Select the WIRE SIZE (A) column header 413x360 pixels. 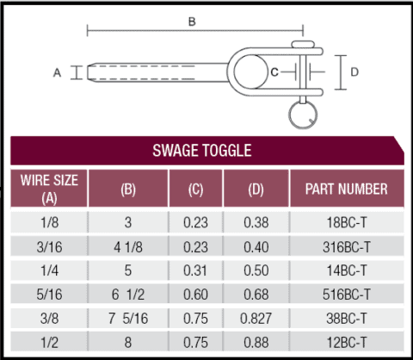[49, 188]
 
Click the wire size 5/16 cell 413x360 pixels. [49, 293]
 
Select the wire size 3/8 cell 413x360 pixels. [49, 317]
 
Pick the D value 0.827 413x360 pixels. [256, 317]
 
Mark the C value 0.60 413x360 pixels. [195, 293]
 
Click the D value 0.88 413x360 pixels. [256, 340]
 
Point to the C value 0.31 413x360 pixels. [195, 270]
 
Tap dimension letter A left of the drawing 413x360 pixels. [58, 73]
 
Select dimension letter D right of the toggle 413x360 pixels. [354, 71]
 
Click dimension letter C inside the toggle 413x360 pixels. [274, 72]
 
